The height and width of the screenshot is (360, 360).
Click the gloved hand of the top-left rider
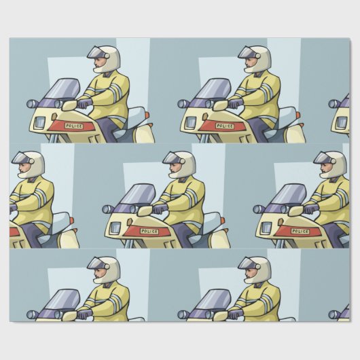pyautogui.click(x=84, y=104)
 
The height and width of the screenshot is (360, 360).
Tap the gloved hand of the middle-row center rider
pyautogui.click(x=159, y=209)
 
